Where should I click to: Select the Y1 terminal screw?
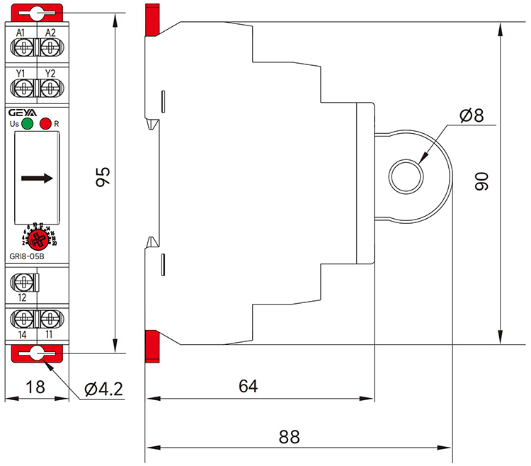tap(24, 89)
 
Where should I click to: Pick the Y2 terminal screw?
tap(49, 89)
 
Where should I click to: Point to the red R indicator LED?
tap(46, 125)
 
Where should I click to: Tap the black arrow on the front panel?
tap(37, 178)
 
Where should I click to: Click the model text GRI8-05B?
tap(28, 256)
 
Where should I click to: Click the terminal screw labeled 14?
tap(24, 317)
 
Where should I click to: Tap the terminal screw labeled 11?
tap(49, 317)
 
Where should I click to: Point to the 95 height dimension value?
tap(103, 177)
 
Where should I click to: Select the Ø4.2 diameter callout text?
tap(103, 389)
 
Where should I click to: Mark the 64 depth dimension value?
tap(248, 386)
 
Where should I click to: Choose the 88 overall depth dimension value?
tap(288, 437)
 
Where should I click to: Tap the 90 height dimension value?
tap(482, 180)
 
